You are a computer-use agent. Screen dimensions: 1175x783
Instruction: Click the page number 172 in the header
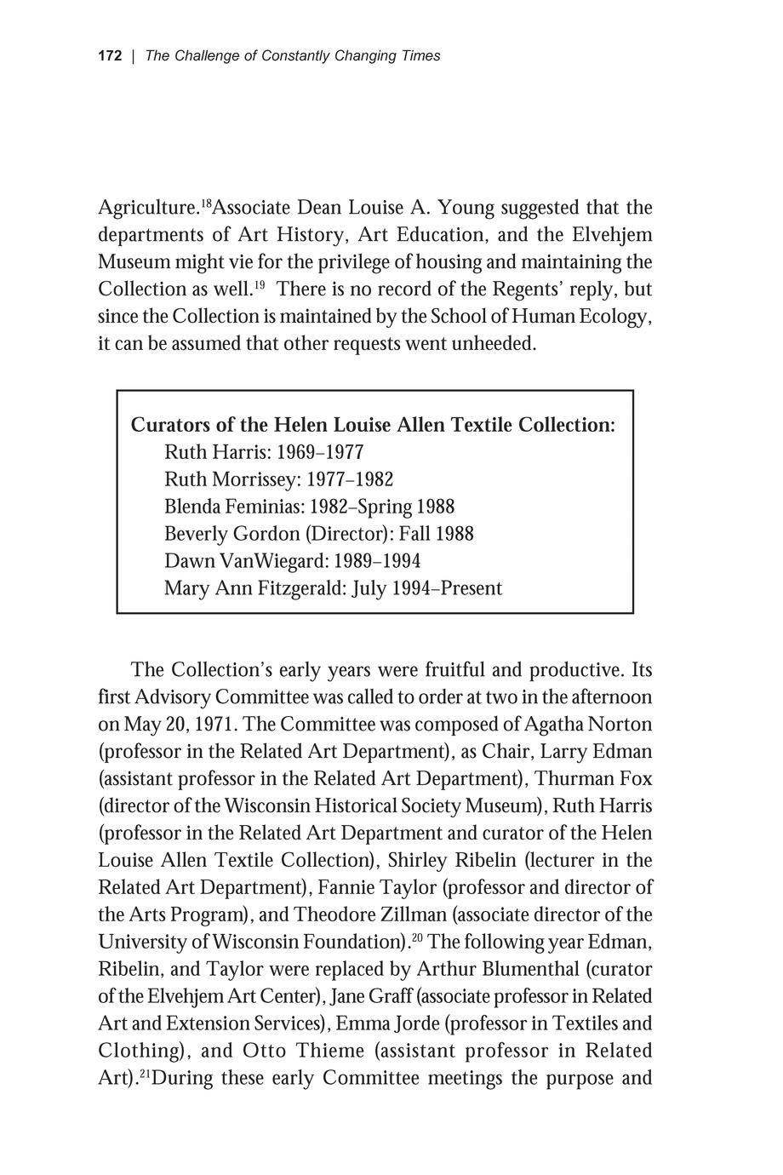[111, 56]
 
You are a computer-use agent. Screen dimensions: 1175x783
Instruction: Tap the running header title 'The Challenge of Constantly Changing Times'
[293, 56]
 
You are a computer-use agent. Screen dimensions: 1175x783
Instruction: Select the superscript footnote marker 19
[260, 284]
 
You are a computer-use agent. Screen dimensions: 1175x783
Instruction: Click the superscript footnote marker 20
[417, 937]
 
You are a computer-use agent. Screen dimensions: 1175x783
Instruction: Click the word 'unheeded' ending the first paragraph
[495, 344]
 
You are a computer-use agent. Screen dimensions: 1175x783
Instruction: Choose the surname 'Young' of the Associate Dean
[465, 208]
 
